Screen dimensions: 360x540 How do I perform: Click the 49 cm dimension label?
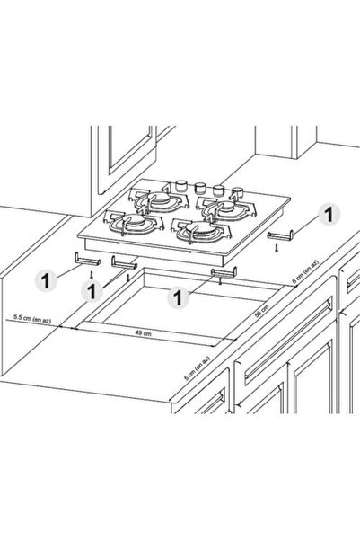pyautogui.click(x=143, y=333)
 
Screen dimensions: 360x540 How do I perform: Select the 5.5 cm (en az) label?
pyautogui.click(x=32, y=319)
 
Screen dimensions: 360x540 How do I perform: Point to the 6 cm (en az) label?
pyautogui.click(x=305, y=272)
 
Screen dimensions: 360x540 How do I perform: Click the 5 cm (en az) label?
pyautogui.click(x=197, y=367)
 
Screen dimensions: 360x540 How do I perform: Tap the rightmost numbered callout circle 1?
pyautogui.click(x=329, y=215)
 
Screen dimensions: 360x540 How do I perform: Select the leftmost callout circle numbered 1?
pyautogui.click(x=46, y=280)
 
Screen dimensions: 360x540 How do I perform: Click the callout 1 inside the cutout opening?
pyautogui.click(x=178, y=297)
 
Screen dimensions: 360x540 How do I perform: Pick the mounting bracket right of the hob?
pyautogui.click(x=280, y=235)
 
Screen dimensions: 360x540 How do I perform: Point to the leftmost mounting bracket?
pyautogui.click(x=87, y=259)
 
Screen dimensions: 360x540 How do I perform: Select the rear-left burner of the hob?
pyautogui.click(x=159, y=200)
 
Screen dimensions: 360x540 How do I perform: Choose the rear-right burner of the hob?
pyautogui.click(x=226, y=207)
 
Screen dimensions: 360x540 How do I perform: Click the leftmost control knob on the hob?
pyautogui.click(x=181, y=186)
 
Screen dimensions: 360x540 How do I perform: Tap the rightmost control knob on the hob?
pyautogui.click(x=237, y=191)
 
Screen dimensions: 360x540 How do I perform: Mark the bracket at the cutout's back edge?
pyautogui.click(x=224, y=272)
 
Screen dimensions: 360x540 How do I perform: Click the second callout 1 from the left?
pyautogui.click(x=92, y=291)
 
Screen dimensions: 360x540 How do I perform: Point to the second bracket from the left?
pyautogui.click(x=124, y=263)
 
